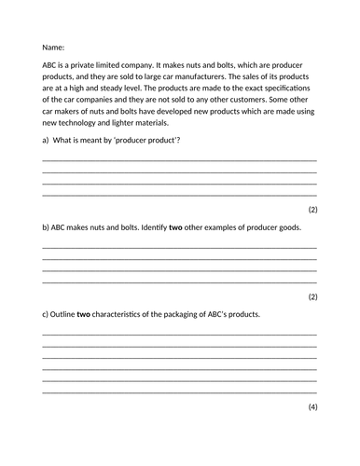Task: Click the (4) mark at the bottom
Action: (x=312, y=407)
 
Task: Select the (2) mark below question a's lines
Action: (x=312, y=210)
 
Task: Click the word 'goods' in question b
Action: (x=286, y=226)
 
